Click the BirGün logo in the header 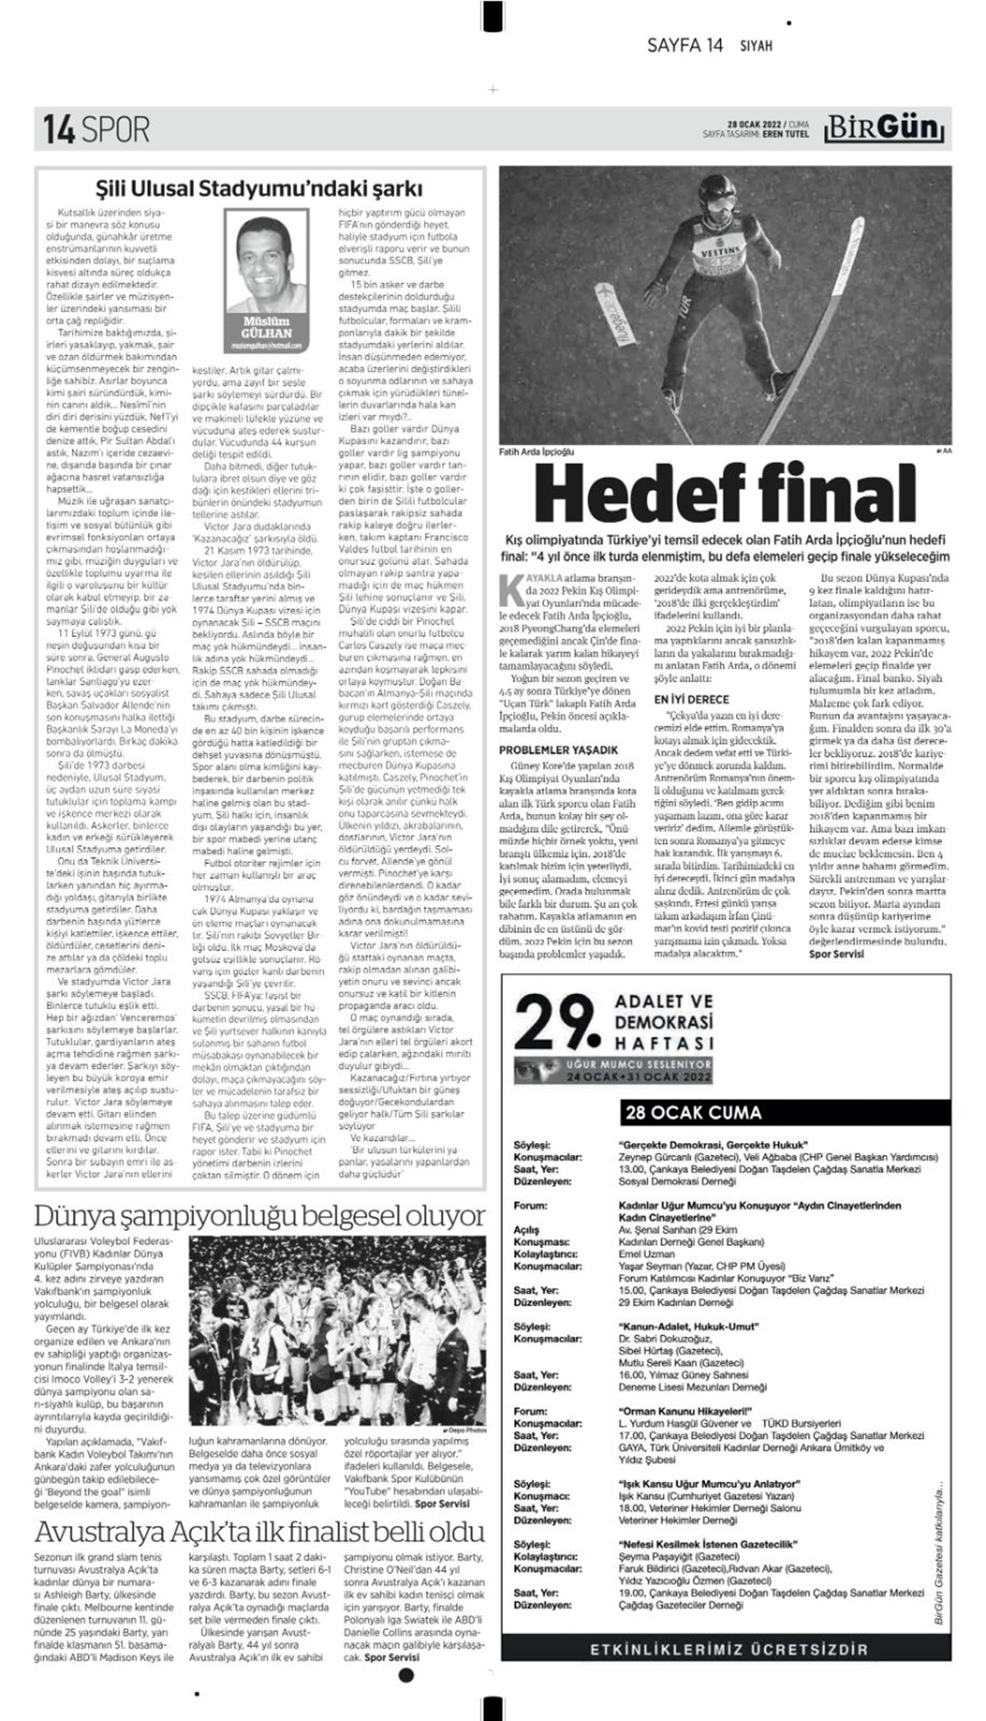(884, 129)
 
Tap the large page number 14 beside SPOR (59, 129)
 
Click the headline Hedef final (726, 493)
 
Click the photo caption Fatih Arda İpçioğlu (537, 452)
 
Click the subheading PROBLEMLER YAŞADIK (558, 750)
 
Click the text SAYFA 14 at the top (684, 46)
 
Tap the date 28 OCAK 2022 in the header (757, 125)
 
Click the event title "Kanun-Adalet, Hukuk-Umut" (688, 1326)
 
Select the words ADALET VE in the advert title (664, 1002)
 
